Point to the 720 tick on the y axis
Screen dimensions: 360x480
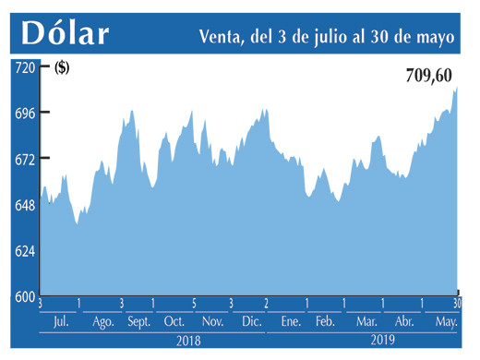click(x=23, y=67)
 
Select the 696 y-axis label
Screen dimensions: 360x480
click(x=23, y=113)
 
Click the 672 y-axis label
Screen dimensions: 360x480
click(x=23, y=159)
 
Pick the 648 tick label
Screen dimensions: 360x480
click(x=23, y=205)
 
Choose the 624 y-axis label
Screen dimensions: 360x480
click(x=23, y=251)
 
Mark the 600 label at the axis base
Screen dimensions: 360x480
click(x=23, y=296)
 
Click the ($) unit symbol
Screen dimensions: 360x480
click(x=62, y=66)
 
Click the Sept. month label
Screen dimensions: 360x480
click(x=139, y=321)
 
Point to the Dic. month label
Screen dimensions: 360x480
click(x=252, y=321)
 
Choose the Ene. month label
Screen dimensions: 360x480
click(x=292, y=321)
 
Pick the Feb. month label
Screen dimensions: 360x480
click(x=325, y=321)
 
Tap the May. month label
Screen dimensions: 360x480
click(x=447, y=321)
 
